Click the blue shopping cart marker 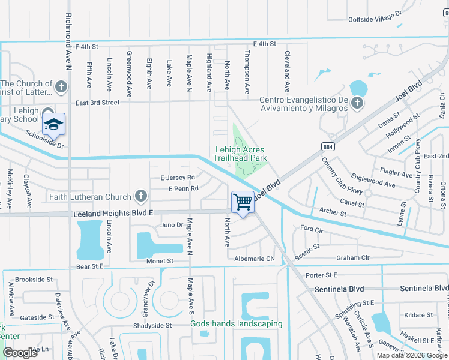[243, 202]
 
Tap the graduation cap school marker [53, 124]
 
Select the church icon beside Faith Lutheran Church [140, 197]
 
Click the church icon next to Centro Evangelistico [357, 103]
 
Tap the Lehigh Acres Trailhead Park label [240, 154]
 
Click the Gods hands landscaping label [237, 324]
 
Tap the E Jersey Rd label [178, 178]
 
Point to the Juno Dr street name [172, 225]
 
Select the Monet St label [160, 261]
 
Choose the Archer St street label [333, 213]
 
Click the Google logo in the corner [20, 353]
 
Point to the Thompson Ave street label [247, 72]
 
